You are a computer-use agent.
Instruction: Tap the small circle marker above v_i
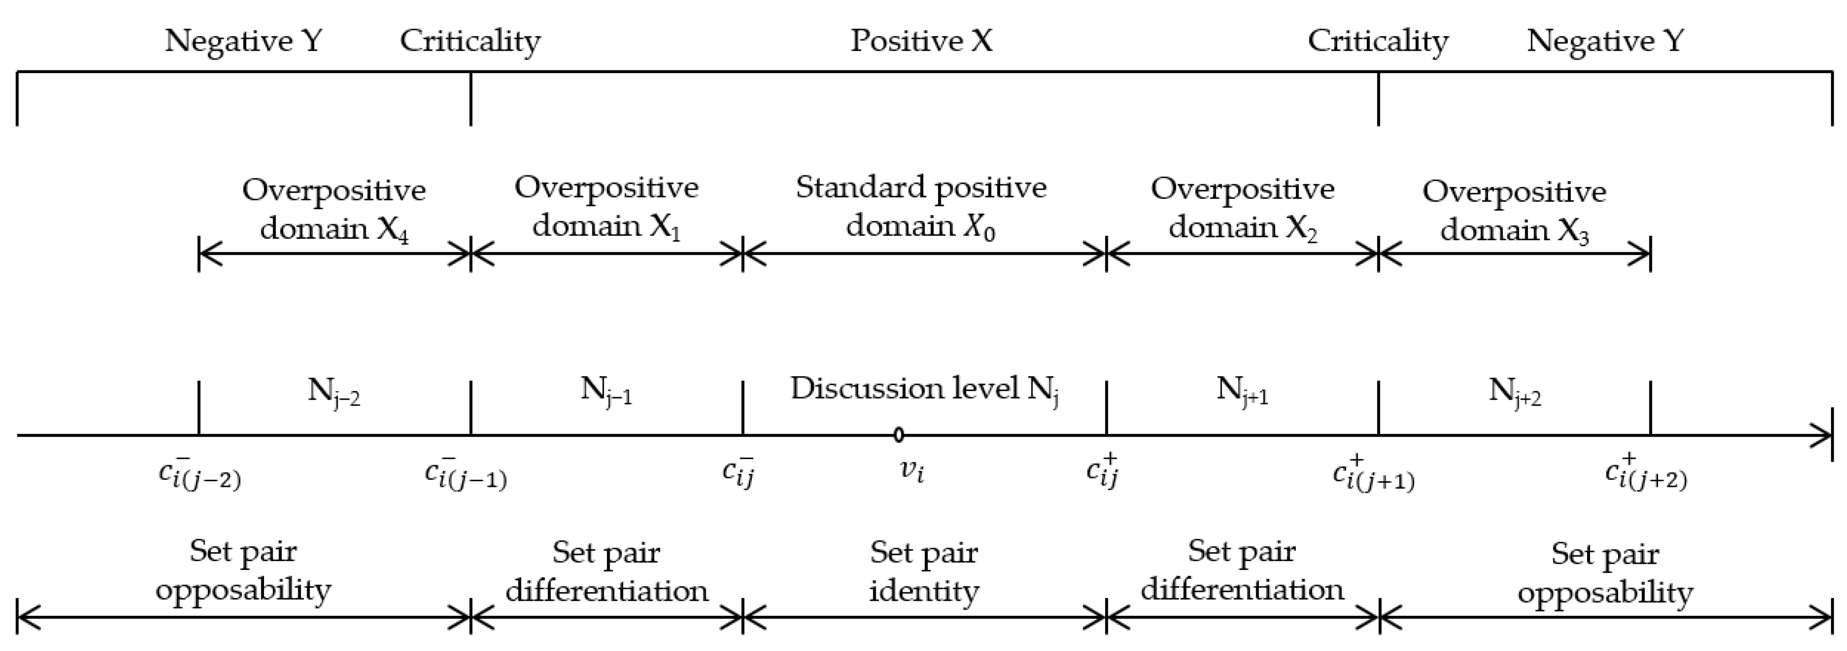coord(898,434)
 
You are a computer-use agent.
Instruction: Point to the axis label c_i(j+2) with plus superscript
coord(1646,473)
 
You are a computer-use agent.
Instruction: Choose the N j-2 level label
coord(334,392)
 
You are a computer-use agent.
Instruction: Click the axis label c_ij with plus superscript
coord(1103,471)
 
